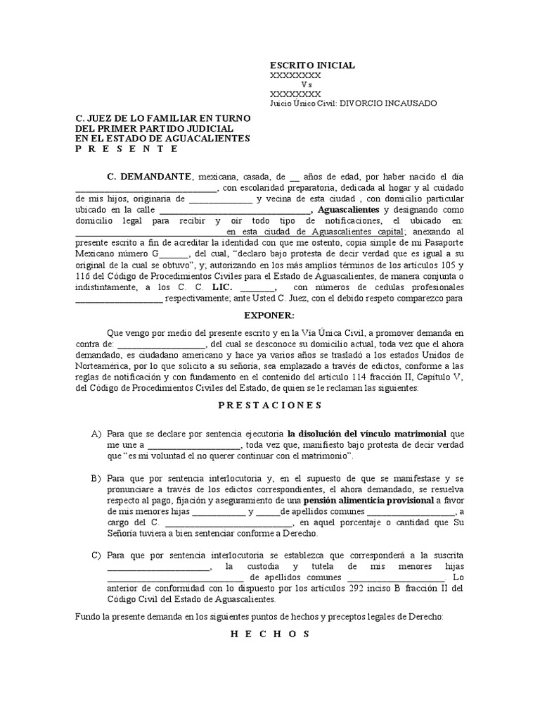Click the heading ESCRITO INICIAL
coord(312,65)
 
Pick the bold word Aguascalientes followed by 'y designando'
coord(349,210)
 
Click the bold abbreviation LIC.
coord(211,287)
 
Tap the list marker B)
coord(96,478)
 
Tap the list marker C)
coord(96,556)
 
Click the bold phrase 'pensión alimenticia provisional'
coord(375,500)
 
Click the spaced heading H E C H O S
coord(270,634)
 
